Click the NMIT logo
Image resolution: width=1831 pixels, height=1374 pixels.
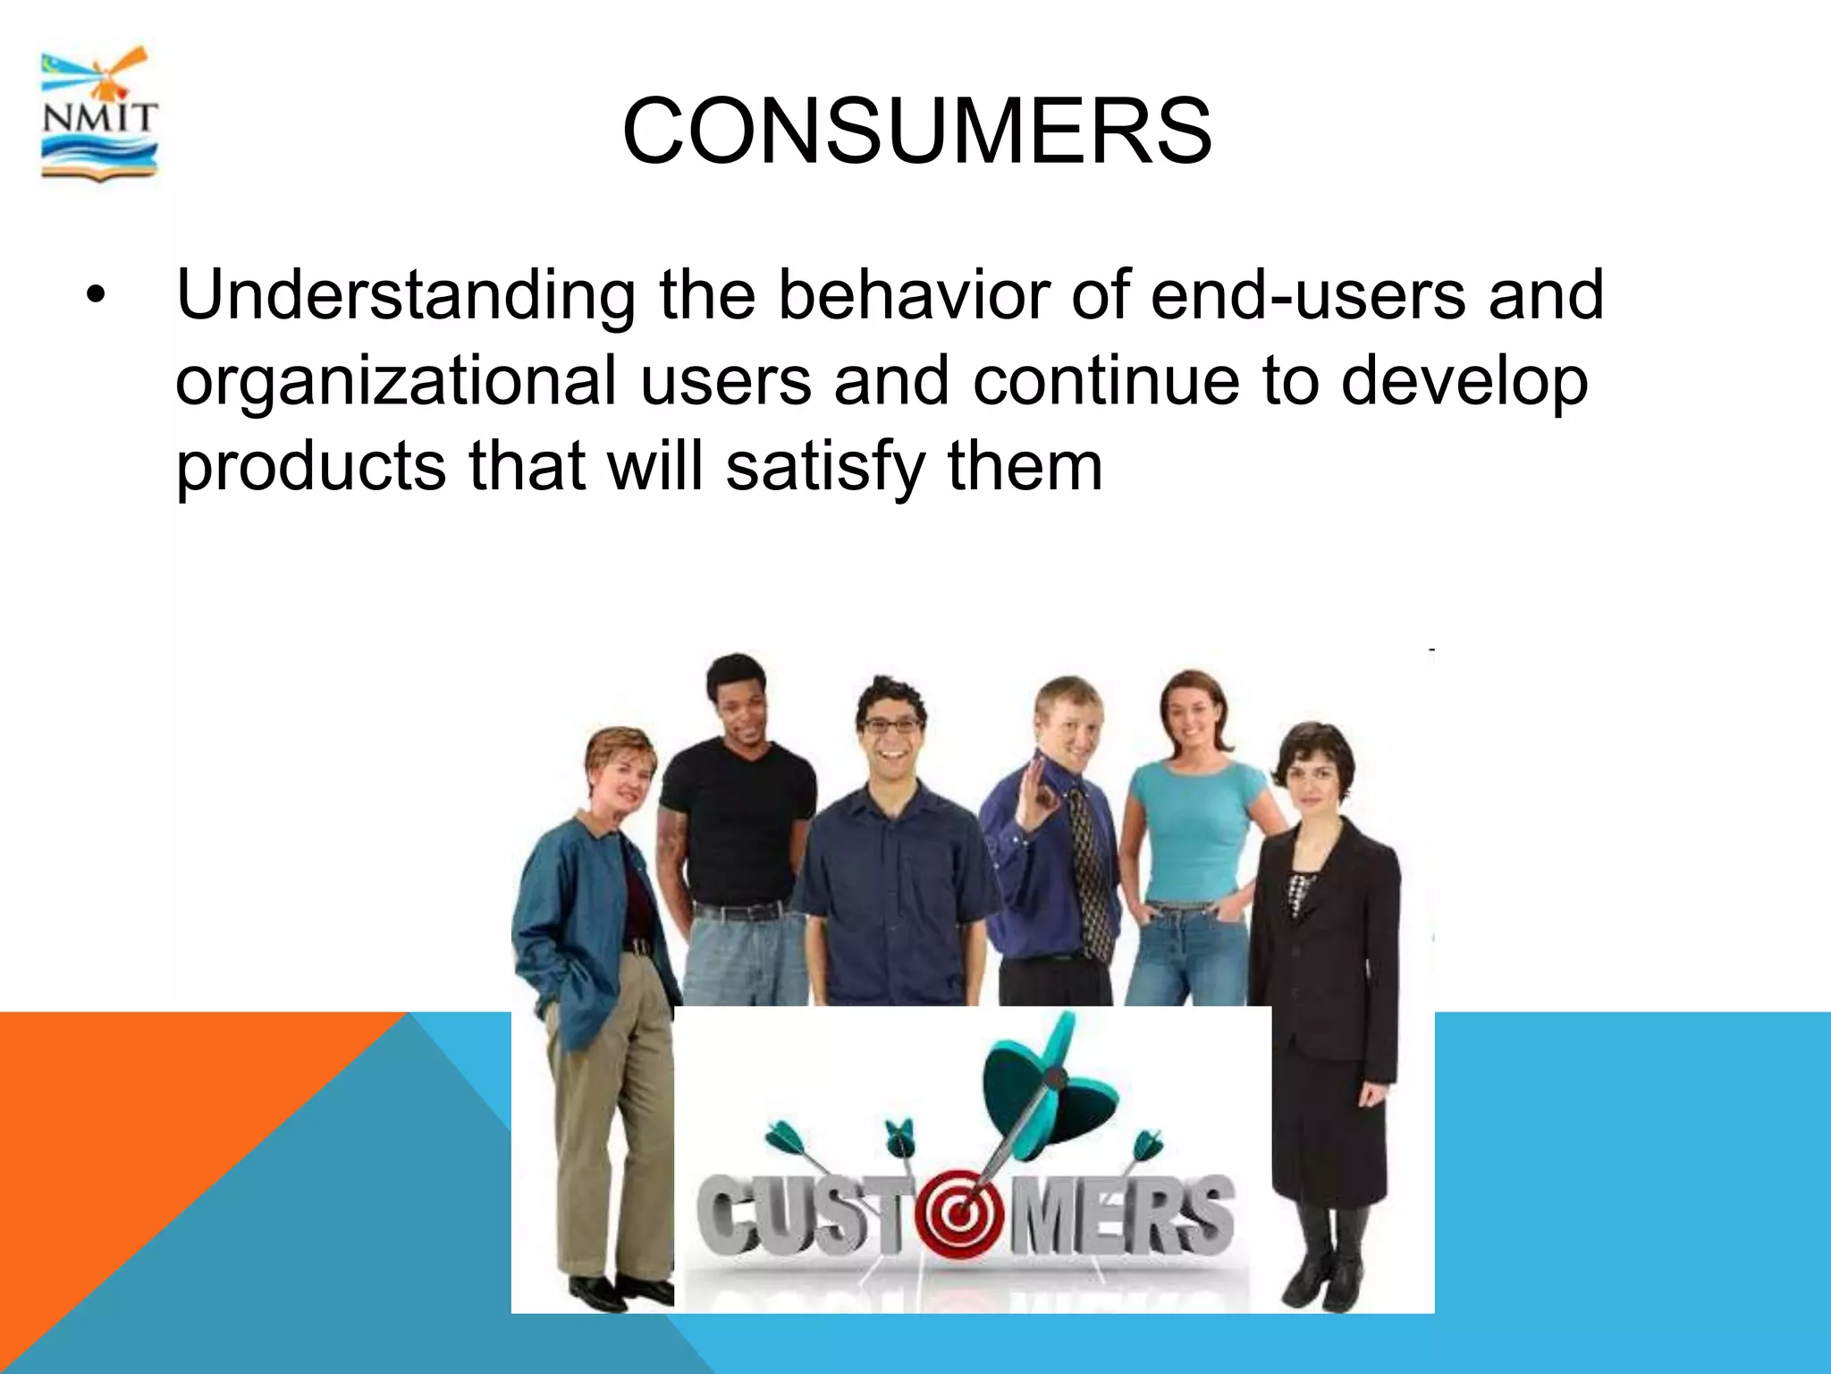point(99,114)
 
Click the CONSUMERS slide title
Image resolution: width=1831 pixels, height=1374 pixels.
point(916,131)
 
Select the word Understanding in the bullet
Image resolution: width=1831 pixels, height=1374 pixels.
point(406,296)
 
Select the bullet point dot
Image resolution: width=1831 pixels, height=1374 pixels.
point(96,296)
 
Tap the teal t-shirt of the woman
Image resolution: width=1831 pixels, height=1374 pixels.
point(1194,823)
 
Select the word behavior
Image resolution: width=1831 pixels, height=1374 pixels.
point(913,294)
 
